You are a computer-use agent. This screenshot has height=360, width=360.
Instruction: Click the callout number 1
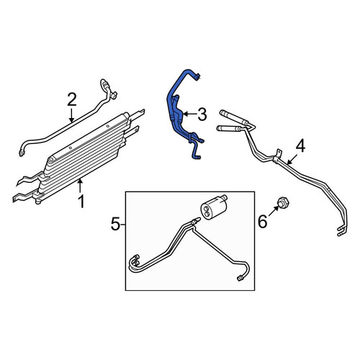pyautogui.click(x=81, y=201)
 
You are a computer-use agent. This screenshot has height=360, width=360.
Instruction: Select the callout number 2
pyautogui.click(x=72, y=100)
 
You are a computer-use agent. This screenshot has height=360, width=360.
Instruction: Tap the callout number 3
pyautogui.click(x=202, y=114)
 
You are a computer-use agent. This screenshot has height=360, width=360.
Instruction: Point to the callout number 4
pyautogui.click(x=300, y=147)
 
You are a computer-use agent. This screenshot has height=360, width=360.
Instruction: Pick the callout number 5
pyautogui.click(x=115, y=225)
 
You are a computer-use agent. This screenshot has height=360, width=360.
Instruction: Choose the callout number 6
pyautogui.click(x=262, y=221)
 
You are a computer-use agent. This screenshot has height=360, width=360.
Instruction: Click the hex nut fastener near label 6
pyautogui.click(x=283, y=202)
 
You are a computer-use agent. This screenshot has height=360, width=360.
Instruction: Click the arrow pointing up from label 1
pyautogui.click(x=80, y=186)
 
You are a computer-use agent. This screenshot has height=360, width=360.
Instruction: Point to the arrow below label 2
pyautogui.click(x=71, y=115)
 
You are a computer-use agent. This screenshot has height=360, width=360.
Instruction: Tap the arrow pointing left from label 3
pyautogui.click(x=189, y=114)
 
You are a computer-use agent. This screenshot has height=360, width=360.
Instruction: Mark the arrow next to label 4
pyautogui.click(x=292, y=159)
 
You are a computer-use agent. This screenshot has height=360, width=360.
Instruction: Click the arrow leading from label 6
pyautogui.click(x=274, y=211)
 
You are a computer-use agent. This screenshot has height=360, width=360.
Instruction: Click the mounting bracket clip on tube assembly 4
pyautogui.click(x=278, y=156)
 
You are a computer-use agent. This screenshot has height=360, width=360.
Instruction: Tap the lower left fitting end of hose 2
pyautogui.click(x=22, y=153)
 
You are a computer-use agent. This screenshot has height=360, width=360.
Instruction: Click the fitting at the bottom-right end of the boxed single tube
pyautogui.click(x=240, y=278)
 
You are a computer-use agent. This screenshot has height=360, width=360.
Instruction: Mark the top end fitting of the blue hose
pyautogui.click(x=197, y=77)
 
